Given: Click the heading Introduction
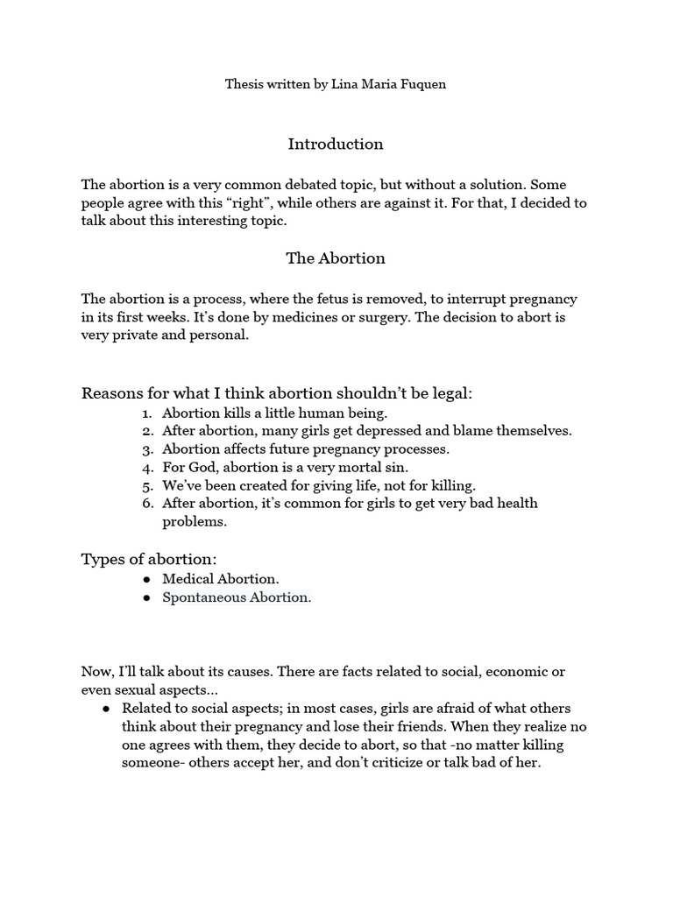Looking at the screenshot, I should tap(336, 144).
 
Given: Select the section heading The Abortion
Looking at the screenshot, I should tap(336, 258).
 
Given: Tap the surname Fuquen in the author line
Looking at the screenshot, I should tap(423, 86).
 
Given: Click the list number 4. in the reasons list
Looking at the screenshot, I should tap(147, 467).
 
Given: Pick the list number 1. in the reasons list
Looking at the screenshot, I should tap(147, 412).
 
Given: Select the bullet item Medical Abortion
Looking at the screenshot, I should tap(221, 579).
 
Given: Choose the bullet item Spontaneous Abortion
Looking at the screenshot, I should tap(237, 597).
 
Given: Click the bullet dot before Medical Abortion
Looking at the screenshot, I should tap(145, 580).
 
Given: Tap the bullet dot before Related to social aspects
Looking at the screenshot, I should tap(105, 708).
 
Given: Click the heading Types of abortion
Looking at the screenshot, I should tap(148, 559).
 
